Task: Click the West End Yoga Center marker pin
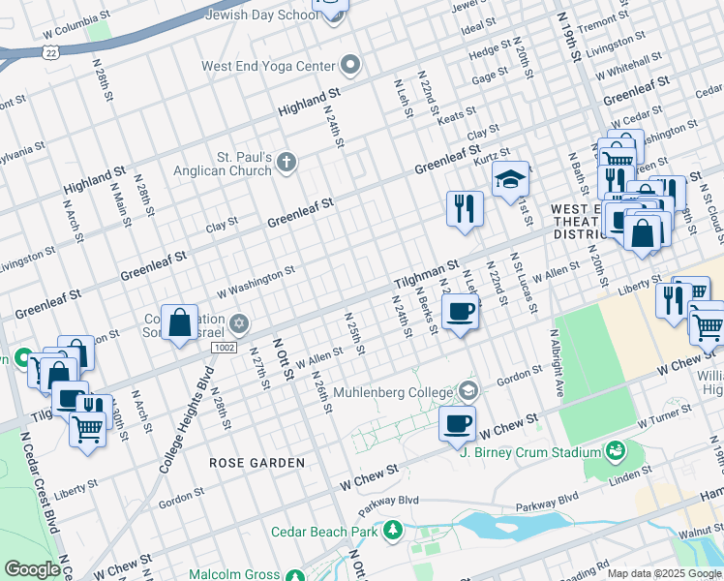click(x=351, y=66)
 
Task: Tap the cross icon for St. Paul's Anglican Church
click(x=286, y=163)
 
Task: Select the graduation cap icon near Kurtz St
click(x=510, y=179)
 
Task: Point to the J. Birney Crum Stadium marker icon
click(x=615, y=451)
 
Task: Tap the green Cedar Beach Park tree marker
click(x=393, y=531)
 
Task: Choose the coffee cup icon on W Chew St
click(x=458, y=423)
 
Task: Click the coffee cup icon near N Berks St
click(x=460, y=313)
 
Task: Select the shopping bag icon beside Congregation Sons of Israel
click(x=180, y=322)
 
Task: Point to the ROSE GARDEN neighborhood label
click(x=256, y=463)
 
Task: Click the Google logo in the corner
click(x=32, y=569)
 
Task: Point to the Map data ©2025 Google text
click(x=664, y=573)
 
